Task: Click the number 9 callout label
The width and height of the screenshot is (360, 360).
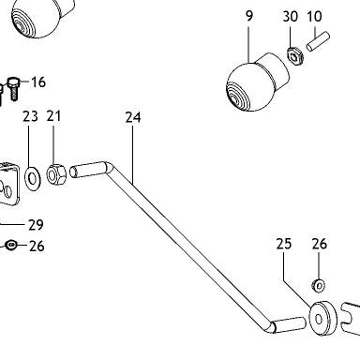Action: [x=249, y=16]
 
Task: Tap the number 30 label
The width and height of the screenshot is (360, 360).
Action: [x=291, y=16]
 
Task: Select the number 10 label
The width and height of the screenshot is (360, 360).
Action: [x=314, y=16]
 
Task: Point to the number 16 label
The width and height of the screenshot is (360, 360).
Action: [x=38, y=82]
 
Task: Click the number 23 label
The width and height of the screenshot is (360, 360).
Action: [x=30, y=116]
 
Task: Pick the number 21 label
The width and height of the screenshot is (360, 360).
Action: [x=53, y=116]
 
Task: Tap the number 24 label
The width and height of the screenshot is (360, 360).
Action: [x=133, y=117]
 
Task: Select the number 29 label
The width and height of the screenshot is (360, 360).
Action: [x=36, y=225]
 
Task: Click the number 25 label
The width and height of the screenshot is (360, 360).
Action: [x=284, y=244]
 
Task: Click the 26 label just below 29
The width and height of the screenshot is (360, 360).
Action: [x=37, y=247]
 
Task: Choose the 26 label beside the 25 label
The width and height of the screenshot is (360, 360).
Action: [x=319, y=244]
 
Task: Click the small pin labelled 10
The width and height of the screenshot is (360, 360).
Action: [x=318, y=41]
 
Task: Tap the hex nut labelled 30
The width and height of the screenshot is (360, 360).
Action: [x=294, y=56]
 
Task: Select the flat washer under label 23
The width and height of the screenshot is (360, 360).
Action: [x=33, y=179]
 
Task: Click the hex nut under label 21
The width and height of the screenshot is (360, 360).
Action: [x=56, y=174]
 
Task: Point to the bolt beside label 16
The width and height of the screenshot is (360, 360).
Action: [x=13, y=88]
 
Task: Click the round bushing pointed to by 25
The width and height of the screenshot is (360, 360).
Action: [x=323, y=319]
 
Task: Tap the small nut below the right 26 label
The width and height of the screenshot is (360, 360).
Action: [x=319, y=285]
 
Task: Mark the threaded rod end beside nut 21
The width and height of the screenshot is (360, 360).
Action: [x=88, y=170]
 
